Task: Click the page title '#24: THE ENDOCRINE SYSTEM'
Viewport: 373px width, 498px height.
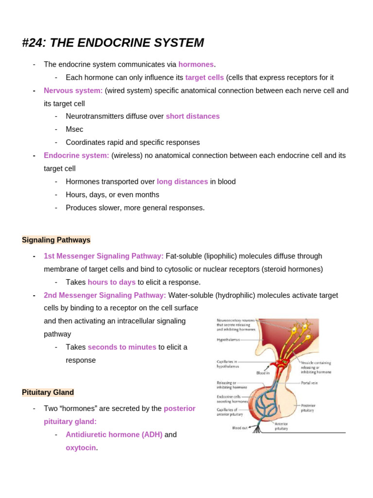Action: click(113, 43)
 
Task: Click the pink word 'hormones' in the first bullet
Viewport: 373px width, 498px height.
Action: click(196, 64)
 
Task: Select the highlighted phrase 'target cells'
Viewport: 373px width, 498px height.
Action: click(204, 77)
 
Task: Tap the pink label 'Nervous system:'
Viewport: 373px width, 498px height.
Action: click(73, 90)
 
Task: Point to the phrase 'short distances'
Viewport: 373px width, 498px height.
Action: click(193, 116)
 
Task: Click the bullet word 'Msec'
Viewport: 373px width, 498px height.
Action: click(74, 129)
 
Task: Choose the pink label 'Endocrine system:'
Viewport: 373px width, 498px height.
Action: click(76, 155)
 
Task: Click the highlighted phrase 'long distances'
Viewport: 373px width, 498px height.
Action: click(182, 181)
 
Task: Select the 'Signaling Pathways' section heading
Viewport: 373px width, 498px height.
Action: click(56, 240)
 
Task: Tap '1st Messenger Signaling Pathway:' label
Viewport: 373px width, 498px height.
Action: click(103, 256)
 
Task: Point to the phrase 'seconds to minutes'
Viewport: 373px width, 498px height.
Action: click(122, 347)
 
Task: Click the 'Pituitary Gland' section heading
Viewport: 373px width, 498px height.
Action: click(48, 392)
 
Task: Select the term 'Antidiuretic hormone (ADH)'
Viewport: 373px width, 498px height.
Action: click(114, 434)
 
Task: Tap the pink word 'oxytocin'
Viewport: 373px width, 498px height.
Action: click(81, 447)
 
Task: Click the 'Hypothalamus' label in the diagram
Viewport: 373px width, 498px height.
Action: click(228, 340)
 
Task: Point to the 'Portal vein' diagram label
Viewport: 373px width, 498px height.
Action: click(309, 383)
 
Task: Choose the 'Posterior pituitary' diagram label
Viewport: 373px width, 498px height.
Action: click(308, 408)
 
